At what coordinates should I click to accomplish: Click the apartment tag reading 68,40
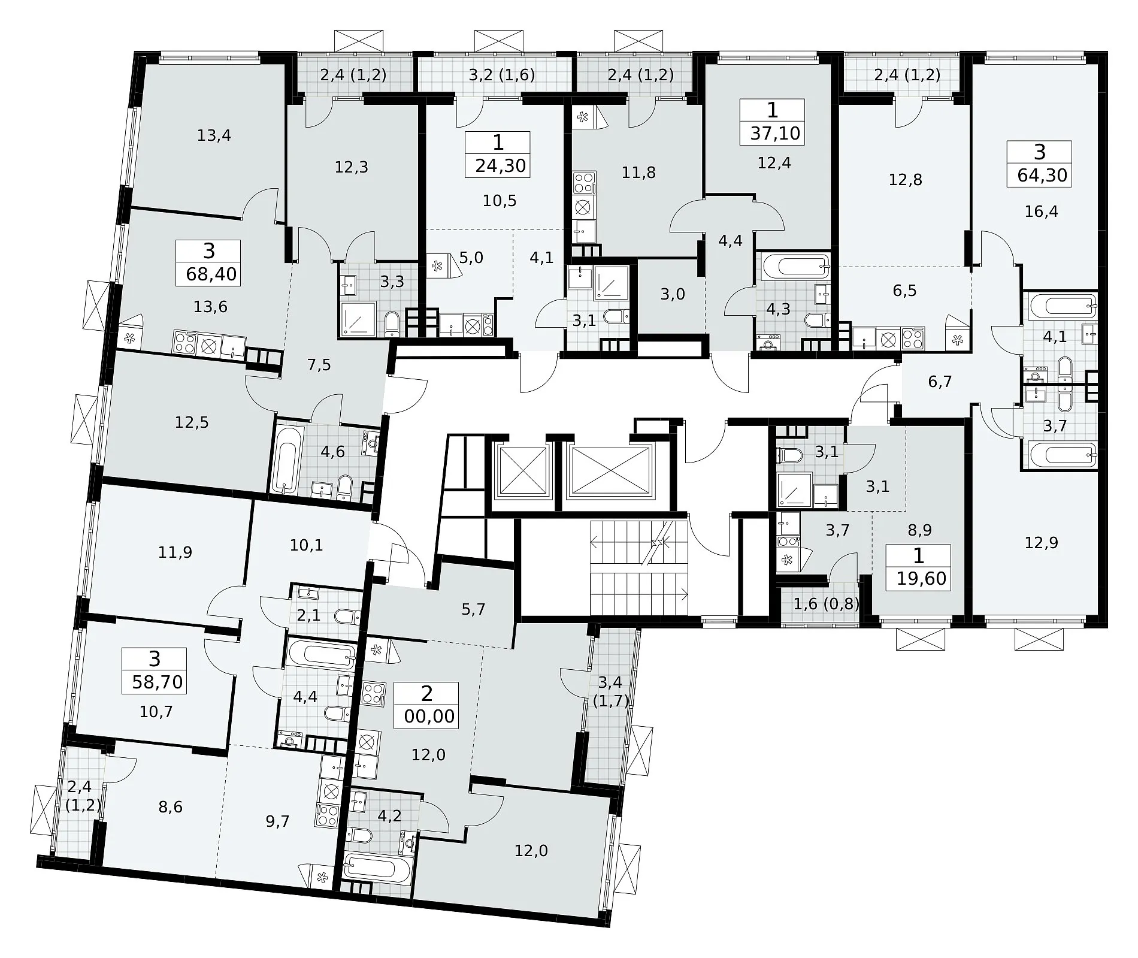(x=208, y=263)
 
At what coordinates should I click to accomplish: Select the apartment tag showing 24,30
(x=498, y=155)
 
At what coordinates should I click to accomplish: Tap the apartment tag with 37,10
(x=773, y=122)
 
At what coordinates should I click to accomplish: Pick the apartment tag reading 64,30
(x=1040, y=164)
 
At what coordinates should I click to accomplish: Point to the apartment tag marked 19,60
(x=918, y=568)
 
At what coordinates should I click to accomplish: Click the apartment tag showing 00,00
(x=426, y=705)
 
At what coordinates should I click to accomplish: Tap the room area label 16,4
(x=1041, y=212)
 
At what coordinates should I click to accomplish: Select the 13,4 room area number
(x=214, y=136)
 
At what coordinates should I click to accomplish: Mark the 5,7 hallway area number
(x=473, y=610)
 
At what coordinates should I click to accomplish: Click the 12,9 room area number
(x=1041, y=543)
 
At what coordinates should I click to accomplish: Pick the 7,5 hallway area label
(x=319, y=364)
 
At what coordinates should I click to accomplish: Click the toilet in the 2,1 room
(x=347, y=616)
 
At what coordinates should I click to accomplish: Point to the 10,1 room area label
(x=306, y=545)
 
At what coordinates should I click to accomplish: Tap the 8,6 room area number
(x=171, y=807)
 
